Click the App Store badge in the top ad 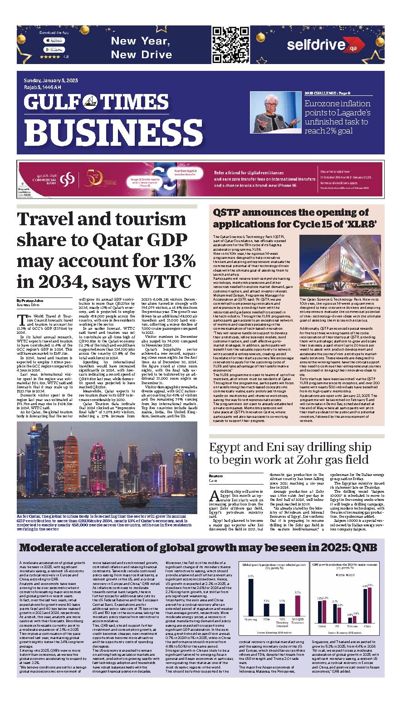pyautogui.click(x=54, y=41)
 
